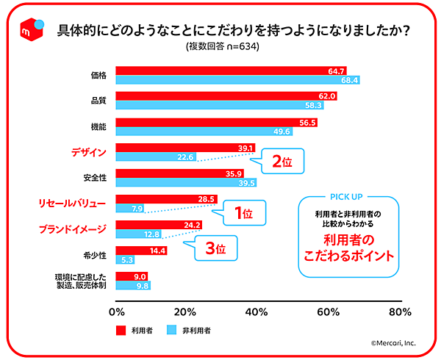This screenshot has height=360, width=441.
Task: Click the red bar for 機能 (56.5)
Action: pyautogui.click(x=217, y=123)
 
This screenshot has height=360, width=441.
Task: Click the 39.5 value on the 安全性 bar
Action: pyautogui.click(x=246, y=183)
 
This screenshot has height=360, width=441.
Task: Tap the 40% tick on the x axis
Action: pyautogui.click(x=258, y=311)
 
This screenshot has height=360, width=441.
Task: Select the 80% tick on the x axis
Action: pyautogui.click(x=399, y=311)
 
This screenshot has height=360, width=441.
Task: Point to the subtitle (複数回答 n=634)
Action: pyautogui.click(x=223, y=46)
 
